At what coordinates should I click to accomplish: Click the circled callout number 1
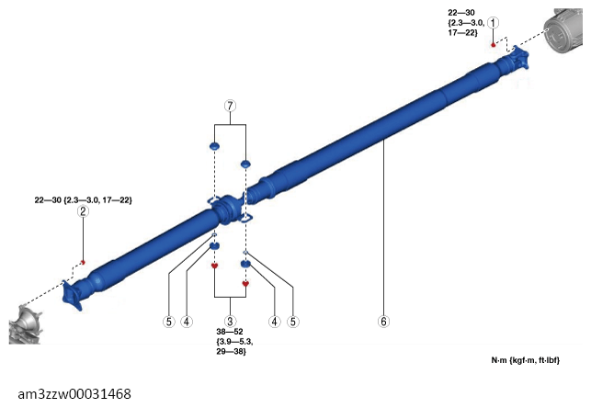(493, 23)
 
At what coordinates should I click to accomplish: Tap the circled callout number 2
(83, 211)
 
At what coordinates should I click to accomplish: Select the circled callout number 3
(230, 322)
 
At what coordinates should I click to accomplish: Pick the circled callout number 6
(383, 322)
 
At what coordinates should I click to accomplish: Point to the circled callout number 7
(230, 106)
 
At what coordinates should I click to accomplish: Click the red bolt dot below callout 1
(493, 45)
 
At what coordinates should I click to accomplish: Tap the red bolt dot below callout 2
(84, 262)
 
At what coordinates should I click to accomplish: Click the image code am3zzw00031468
(74, 394)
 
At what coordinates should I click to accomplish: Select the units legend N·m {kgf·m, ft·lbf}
(526, 360)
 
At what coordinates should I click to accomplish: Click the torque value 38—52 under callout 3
(230, 332)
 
